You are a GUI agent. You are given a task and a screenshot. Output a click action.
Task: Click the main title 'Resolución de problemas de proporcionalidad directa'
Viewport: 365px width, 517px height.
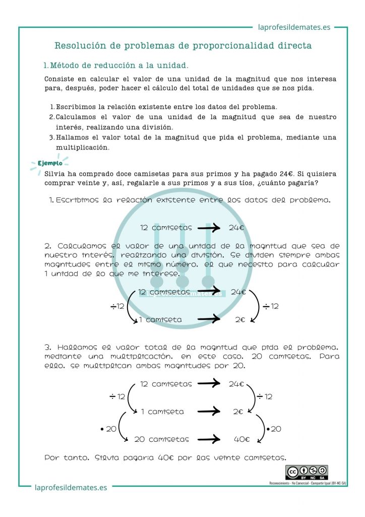click(x=182, y=45)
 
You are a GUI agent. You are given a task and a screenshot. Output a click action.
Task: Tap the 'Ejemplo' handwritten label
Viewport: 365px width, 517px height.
click(x=50, y=163)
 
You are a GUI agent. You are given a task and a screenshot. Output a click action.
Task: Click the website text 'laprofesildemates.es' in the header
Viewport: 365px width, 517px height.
click(x=294, y=27)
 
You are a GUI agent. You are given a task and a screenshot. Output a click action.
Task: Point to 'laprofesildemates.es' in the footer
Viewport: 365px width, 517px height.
click(x=71, y=488)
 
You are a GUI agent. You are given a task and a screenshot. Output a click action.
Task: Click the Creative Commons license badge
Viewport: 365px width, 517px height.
click(x=307, y=473)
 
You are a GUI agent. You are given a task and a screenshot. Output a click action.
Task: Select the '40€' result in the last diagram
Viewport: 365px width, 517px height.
click(x=241, y=439)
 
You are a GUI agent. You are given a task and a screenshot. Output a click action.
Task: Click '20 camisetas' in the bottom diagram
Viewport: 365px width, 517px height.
click(x=161, y=439)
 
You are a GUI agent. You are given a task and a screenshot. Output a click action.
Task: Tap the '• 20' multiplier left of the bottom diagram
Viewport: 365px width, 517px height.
click(x=108, y=429)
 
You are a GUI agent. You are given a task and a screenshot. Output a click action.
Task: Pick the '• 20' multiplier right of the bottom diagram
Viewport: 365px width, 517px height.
click(x=274, y=429)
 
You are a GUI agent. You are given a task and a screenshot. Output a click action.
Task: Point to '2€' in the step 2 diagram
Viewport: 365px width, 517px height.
click(x=239, y=319)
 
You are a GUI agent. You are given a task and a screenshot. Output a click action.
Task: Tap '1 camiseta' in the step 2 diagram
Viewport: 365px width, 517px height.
click(x=160, y=319)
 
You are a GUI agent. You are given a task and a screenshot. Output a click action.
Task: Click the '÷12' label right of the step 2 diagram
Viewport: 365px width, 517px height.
click(x=271, y=306)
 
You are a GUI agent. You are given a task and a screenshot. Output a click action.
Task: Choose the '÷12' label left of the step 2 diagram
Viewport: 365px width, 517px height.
click(x=117, y=306)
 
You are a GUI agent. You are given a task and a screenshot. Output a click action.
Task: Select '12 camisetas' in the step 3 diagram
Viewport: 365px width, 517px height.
click(x=166, y=384)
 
